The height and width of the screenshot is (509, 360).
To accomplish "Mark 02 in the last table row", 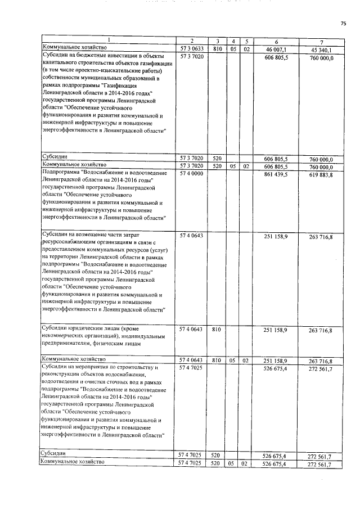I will pyautogui.click(x=246, y=463).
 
